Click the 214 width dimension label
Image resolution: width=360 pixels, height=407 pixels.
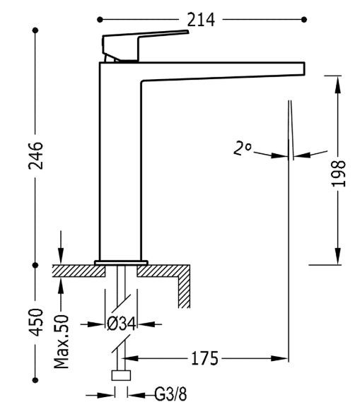pos(201,20)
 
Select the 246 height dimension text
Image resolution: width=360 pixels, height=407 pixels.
pos(35,155)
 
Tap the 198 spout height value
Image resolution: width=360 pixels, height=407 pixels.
pos(339,173)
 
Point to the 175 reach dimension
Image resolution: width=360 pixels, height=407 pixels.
pos(204,359)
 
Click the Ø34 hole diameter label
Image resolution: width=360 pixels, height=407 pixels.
pos(122,324)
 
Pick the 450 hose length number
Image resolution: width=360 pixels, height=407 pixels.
pos(35,322)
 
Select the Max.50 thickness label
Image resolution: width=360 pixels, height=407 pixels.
pos(62,341)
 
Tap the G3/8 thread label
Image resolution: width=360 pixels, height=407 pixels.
pos(170,394)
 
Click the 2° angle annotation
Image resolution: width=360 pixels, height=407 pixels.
pos(243,148)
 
